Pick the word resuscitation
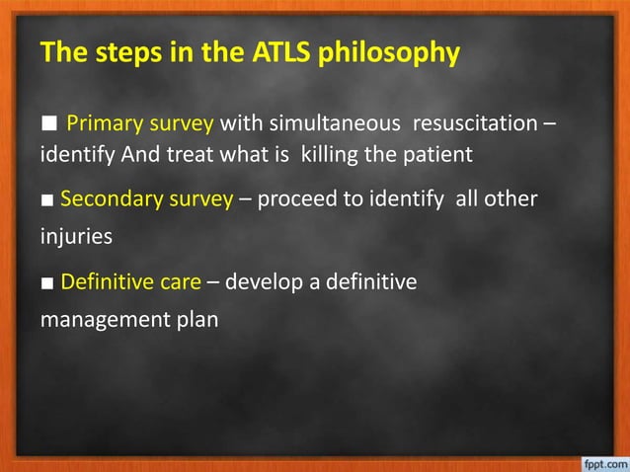[477, 125]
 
